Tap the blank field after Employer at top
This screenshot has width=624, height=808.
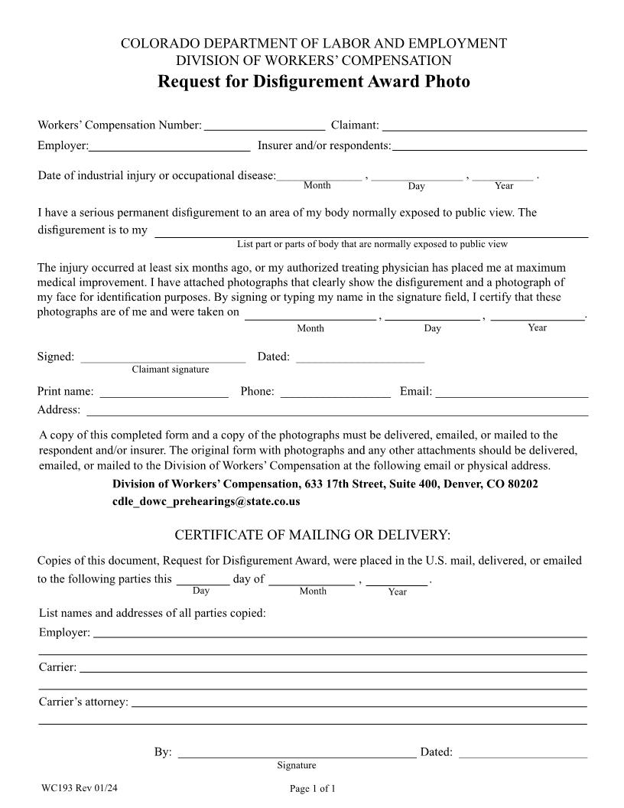pyautogui.click(x=170, y=145)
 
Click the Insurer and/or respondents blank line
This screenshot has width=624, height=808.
pyautogui.click(x=489, y=145)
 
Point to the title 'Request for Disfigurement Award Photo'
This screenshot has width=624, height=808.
pyautogui.click(x=314, y=81)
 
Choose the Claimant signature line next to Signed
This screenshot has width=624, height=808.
pyautogui.click(x=163, y=357)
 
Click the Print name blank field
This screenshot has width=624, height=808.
pyautogui.click(x=164, y=392)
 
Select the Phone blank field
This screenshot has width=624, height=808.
pyautogui.click(x=335, y=392)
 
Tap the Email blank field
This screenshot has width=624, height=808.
pyautogui.click(x=512, y=392)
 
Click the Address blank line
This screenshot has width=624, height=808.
pyautogui.click(x=336, y=410)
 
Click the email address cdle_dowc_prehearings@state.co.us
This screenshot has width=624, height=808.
pyautogui.click(x=206, y=502)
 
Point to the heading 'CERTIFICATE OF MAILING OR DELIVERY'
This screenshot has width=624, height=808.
pyautogui.click(x=313, y=534)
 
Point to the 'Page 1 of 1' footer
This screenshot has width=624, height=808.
pyautogui.click(x=313, y=789)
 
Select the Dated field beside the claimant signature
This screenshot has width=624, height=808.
pyautogui.click(x=359, y=357)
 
